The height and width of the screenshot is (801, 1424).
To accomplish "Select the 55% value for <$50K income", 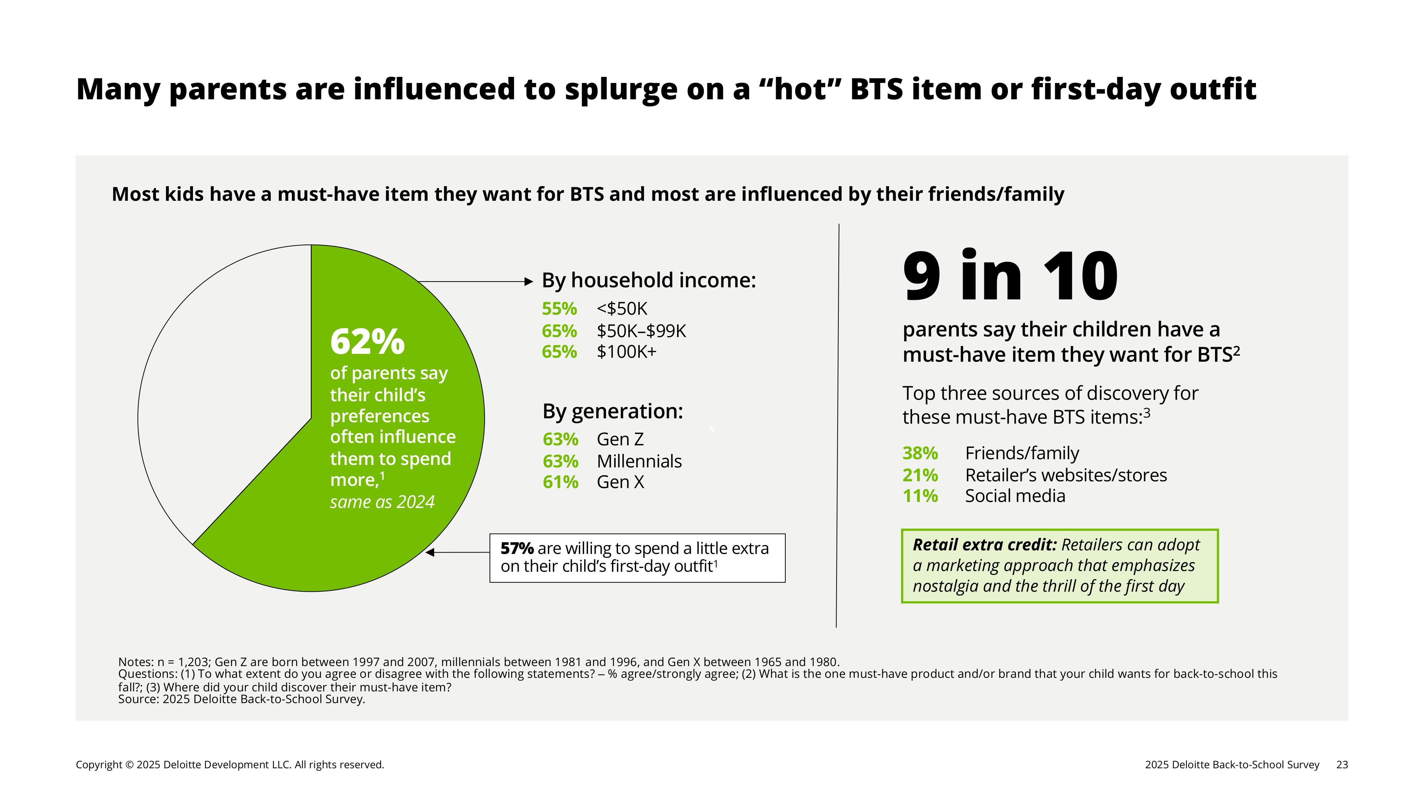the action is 559,308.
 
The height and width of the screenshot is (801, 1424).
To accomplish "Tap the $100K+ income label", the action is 626,352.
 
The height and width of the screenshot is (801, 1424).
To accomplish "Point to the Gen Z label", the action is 620,439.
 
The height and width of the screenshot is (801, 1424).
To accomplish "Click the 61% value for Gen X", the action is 560,482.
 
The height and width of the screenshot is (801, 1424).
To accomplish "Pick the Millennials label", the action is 639,461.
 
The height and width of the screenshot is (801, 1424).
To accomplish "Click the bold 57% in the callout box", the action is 517,548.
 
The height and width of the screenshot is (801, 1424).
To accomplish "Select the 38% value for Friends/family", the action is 920,453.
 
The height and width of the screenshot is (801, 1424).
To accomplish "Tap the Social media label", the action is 1015,496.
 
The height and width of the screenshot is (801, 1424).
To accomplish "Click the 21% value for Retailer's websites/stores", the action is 920,475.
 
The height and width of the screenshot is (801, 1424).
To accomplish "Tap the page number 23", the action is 1342,765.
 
